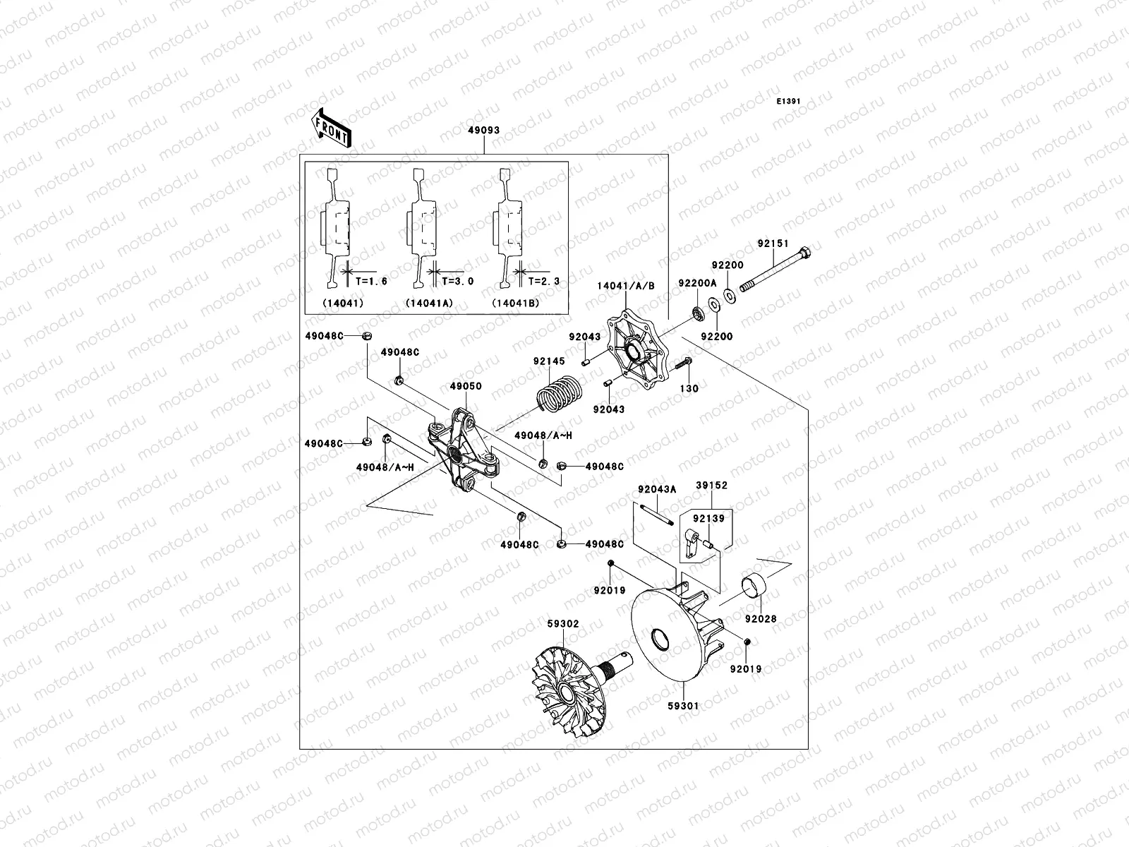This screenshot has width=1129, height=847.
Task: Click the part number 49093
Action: [483, 130]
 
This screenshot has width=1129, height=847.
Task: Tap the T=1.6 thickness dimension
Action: [371, 281]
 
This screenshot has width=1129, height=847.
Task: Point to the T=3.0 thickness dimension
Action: [457, 281]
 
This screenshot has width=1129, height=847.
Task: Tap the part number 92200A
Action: [697, 283]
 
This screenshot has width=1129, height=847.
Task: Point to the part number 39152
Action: [711, 486]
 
